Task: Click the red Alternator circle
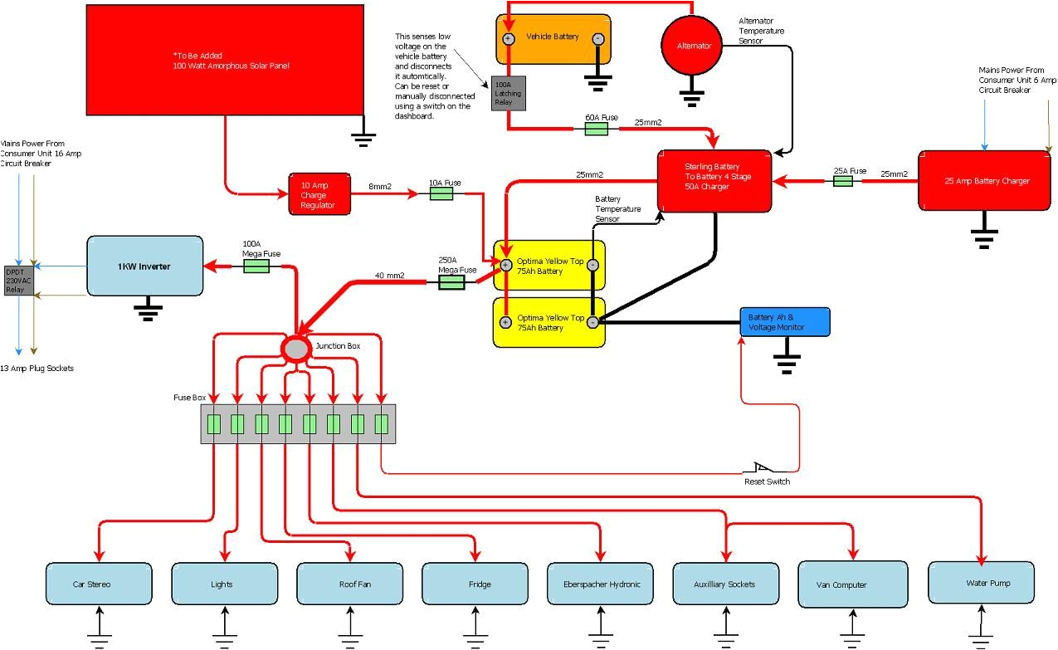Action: pyautogui.click(x=694, y=46)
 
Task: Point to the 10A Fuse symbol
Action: pyautogui.click(x=441, y=193)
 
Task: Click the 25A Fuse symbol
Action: pyautogui.click(x=843, y=180)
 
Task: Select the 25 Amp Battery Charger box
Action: pyautogui.click(x=984, y=180)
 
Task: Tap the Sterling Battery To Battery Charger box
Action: pyautogui.click(x=714, y=180)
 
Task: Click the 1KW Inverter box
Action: pyautogui.click(x=145, y=266)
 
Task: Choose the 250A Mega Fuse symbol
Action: pyautogui.click(x=451, y=282)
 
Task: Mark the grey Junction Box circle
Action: pyautogui.click(x=295, y=349)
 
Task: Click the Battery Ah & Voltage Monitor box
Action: pyautogui.click(x=784, y=322)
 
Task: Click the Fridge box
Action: pyautogui.click(x=475, y=584)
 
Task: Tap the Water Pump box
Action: pyautogui.click(x=981, y=583)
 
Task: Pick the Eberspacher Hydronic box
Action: pyautogui.click(x=601, y=584)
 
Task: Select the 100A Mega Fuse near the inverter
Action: pyautogui.click(x=256, y=266)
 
